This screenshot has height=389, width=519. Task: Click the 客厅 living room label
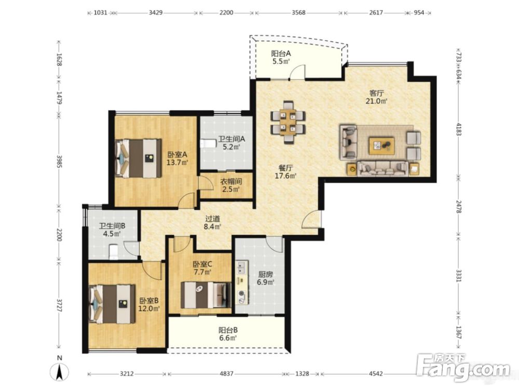(376, 93)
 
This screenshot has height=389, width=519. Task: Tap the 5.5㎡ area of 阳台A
(281, 61)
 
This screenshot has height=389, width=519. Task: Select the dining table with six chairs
(288, 122)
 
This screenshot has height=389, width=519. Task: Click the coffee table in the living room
(381, 146)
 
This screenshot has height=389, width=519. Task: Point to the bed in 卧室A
(138, 158)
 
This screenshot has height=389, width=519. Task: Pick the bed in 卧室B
(112, 304)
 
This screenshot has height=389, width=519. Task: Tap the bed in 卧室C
(206, 295)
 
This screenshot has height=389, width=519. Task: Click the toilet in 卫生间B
(114, 251)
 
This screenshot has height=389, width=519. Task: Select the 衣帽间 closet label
(231, 181)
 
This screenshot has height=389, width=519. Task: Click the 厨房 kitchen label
(265, 274)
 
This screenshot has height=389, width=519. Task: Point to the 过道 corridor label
(213, 219)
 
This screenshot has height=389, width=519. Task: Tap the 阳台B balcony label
(228, 330)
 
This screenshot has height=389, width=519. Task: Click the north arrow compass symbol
(60, 372)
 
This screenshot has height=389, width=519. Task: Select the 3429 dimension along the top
(156, 12)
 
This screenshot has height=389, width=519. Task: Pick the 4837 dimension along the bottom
(226, 373)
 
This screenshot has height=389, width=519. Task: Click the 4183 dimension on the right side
(458, 129)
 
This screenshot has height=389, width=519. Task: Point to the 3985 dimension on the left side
(59, 161)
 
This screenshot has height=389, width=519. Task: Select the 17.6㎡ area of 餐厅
(285, 176)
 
